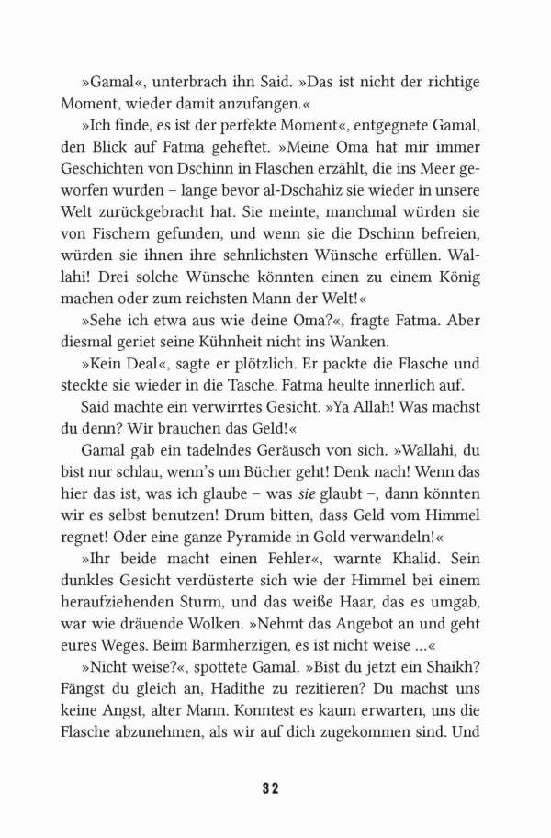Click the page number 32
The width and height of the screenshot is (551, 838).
point(275,787)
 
